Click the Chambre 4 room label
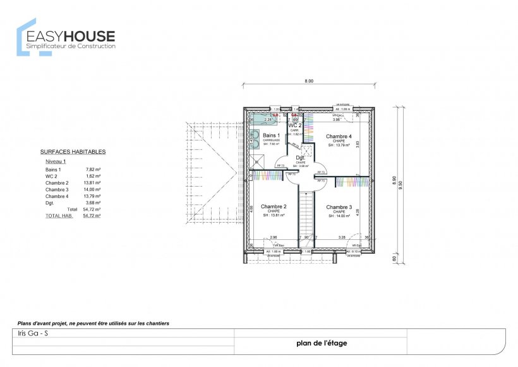tap(339, 136)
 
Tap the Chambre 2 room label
tap(274, 206)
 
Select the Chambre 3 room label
tap(339, 207)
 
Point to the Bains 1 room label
tap(272, 135)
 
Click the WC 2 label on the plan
tap(295, 125)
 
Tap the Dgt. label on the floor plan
tap(301, 158)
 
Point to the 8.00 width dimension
tap(309, 81)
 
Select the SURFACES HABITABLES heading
tap(73, 152)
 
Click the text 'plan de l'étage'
tap(321, 344)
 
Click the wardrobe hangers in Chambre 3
tap(352, 182)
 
